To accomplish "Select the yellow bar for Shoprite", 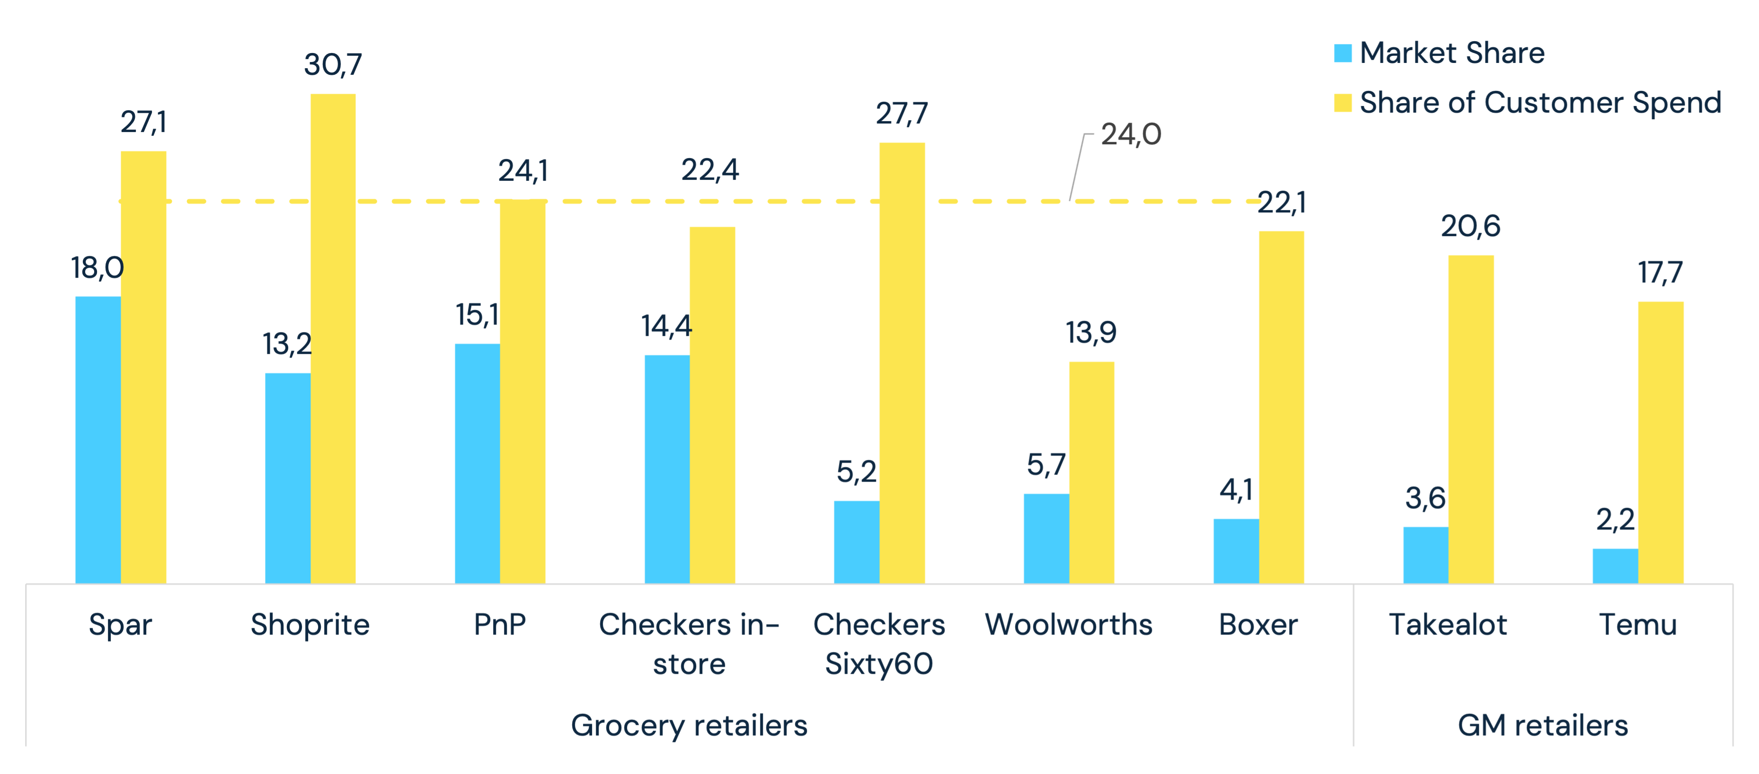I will click(333, 339).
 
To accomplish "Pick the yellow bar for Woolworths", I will click(1091, 472).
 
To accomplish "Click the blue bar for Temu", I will click(1615, 566).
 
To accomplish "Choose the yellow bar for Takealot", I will click(1471, 419).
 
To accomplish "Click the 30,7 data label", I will click(333, 65).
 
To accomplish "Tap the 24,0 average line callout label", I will click(1131, 134).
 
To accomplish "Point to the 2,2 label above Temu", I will click(1615, 520).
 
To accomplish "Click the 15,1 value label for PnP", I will click(477, 315).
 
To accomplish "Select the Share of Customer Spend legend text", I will click(1540, 102).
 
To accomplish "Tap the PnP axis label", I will click(500, 624).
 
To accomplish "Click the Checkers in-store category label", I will click(689, 643).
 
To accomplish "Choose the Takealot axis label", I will click(1448, 624).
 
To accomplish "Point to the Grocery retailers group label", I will click(689, 725).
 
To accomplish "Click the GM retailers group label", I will click(1543, 725).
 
